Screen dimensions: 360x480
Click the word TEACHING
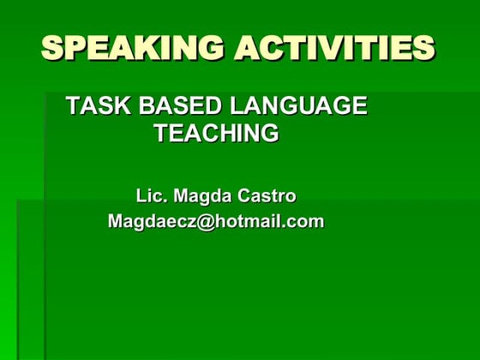coord(216,134)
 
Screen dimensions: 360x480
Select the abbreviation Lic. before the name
coord(152,196)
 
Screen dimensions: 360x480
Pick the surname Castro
coord(269,196)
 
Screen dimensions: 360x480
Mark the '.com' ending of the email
coord(303,221)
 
